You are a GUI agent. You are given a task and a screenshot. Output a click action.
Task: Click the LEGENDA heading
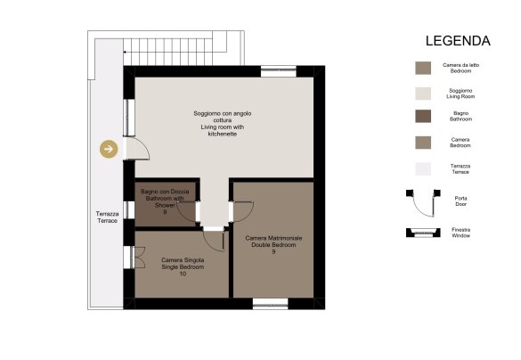click(458, 41)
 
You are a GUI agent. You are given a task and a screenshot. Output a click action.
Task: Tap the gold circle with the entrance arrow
click(109, 149)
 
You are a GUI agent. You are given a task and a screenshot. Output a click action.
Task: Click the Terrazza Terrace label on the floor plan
click(108, 217)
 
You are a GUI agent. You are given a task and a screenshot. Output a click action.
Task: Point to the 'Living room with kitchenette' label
click(223, 130)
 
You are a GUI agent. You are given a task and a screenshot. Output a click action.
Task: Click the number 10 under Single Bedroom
click(183, 274)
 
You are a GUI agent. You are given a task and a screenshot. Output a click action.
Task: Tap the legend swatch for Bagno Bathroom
click(423, 117)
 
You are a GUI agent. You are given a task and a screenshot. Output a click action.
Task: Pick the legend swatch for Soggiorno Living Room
click(423, 94)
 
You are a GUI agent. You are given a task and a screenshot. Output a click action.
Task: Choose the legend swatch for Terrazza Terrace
click(423, 169)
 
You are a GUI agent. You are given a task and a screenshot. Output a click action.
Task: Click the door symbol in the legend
click(423, 203)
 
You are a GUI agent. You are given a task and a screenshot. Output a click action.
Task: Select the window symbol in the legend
click(423, 233)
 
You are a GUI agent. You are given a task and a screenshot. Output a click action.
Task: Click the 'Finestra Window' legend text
click(460, 233)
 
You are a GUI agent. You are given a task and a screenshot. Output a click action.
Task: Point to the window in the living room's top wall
click(279, 71)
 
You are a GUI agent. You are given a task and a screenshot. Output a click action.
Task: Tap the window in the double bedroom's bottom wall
click(271, 304)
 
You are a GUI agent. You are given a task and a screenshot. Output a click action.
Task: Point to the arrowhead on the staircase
click(125, 53)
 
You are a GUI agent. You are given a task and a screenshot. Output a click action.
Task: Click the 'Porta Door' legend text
click(460, 201)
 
